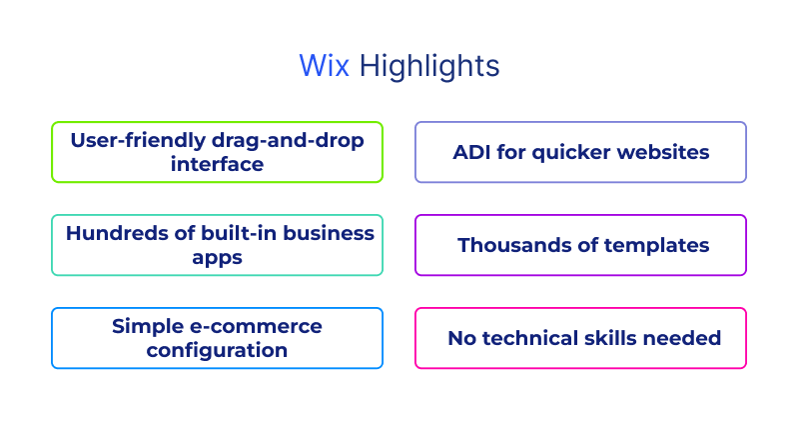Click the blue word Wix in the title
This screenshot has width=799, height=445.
point(325,66)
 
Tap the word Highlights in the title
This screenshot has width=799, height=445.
point(429,67)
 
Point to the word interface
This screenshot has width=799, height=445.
point(217,164)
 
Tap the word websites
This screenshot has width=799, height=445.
point(663,152)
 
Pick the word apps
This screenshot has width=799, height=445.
point(217,257)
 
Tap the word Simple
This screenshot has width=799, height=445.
point(146,326)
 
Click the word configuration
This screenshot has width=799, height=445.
point(217,350)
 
